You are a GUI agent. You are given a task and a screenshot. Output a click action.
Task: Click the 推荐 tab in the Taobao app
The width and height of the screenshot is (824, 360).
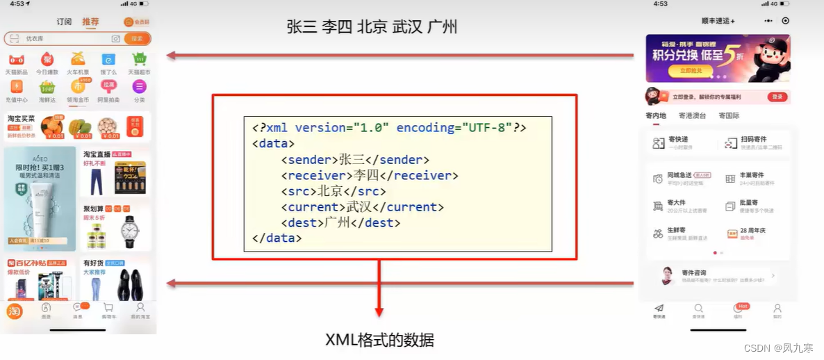pyautogui.click(x=90, y=22)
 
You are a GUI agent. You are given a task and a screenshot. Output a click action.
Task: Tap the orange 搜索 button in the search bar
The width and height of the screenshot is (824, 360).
pyautogui.click(x=137, y=39)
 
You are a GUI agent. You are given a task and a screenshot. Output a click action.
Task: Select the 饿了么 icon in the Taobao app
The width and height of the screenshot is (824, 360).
pyautogui.click(x=108, y=60)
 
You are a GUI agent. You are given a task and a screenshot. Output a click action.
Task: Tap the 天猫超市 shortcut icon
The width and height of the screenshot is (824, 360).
pyautogui.click(x=139, y=60)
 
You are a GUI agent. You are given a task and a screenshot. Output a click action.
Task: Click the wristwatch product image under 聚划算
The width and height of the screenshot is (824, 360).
pyautogui.click(x=130, y=231)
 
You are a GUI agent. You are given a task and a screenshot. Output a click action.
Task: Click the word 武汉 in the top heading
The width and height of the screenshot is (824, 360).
pyautogui.click(x=406, y=27)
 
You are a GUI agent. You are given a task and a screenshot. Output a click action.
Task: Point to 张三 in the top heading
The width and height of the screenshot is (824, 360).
pyautogui.click(x=302, y=27)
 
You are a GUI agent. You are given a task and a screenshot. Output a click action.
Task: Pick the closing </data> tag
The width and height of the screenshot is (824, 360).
pyautogui.click(x=277, y=238)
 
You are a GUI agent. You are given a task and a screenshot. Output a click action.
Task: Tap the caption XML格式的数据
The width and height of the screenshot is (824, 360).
pyautogui.click(x=379, y=340)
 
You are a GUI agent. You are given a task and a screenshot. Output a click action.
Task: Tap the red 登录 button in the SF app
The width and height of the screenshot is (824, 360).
pyautogui.click(x=777, y=97)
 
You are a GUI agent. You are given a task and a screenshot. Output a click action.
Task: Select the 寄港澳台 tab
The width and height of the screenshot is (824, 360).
pyautogui.click(x=693, y=115)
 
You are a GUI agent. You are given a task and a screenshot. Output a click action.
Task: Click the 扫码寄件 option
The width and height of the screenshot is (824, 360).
pyautogui.click(x=753, y=143)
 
